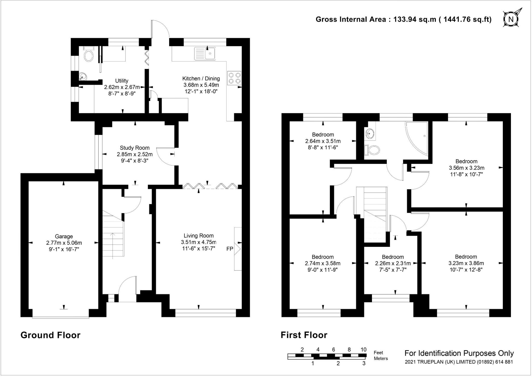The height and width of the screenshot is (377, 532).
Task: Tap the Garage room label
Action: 64,236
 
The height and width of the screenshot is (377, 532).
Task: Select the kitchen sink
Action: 205,53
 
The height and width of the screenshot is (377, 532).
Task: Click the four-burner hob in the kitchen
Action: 234,78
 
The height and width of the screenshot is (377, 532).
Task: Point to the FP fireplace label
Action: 230,249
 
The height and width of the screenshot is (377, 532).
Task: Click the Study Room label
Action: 135,148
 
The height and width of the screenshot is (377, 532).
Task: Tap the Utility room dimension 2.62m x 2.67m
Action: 122,87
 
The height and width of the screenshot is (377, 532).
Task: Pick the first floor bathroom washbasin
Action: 369,134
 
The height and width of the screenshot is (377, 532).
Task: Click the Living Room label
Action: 199,236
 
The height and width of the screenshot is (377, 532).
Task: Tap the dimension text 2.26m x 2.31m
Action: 393,263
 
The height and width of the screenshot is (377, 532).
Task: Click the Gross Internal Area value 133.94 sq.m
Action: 415,19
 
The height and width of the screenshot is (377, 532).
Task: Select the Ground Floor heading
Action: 50,335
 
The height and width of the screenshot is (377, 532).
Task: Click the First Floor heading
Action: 304,335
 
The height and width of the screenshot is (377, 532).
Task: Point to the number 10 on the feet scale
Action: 363,349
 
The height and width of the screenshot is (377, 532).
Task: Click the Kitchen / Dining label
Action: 201,78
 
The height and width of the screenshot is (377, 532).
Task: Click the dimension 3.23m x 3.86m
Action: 466,263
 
